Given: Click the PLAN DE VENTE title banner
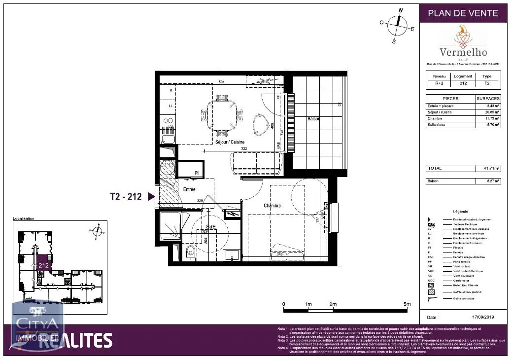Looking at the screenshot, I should point(463,13).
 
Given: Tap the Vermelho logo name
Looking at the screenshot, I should point(463,52).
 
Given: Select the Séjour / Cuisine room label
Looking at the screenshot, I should point(230,142).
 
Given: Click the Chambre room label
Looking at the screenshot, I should point(272,206).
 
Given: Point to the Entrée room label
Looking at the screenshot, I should point(189,189).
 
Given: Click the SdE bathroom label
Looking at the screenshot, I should point(211,227).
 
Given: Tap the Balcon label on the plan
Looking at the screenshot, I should point(313,119).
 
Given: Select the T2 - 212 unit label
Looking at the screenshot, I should point(126,197).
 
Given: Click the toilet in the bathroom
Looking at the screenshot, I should point(191,252).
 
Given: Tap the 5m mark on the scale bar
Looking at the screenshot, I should point(407,304).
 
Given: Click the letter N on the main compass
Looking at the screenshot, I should point(401,9).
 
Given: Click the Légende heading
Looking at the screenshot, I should point(460,211).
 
